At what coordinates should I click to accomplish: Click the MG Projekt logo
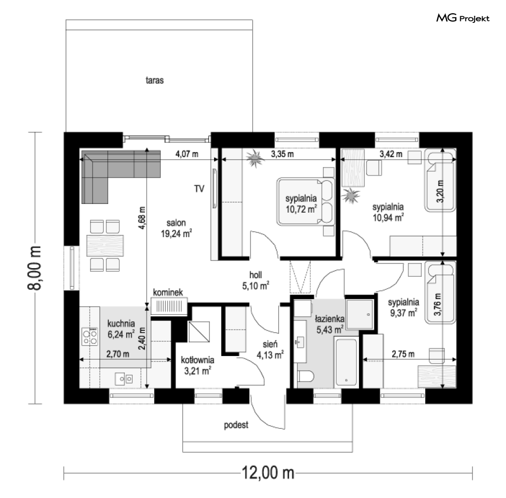click(463, 18)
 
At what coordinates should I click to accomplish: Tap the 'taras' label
click(155, 80)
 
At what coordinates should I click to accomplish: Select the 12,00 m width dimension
click(268, 473)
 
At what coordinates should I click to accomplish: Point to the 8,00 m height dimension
click(35, 268)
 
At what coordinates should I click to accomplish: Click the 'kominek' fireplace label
click(168, 292)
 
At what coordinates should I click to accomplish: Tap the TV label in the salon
click(199, 189)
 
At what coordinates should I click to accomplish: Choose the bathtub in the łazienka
click(346, 362)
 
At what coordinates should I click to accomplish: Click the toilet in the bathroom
click(305, 376)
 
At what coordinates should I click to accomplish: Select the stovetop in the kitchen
click(90, 337)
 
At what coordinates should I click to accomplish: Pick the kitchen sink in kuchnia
click(124, 378)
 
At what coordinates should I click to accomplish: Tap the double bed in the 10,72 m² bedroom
click(306, 201)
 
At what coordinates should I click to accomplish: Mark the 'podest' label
click(236, 425)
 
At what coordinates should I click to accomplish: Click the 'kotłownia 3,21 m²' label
click(197, 365)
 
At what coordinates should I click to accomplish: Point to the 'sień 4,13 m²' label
click(270, 349)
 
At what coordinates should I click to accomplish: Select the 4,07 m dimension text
click(187, 154)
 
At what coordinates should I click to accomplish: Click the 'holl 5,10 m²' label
click(256, 280)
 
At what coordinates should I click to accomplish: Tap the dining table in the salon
click(105, 246)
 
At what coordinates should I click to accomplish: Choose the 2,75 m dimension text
click(403, 354)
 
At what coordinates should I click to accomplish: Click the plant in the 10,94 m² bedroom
click(350, 195)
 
